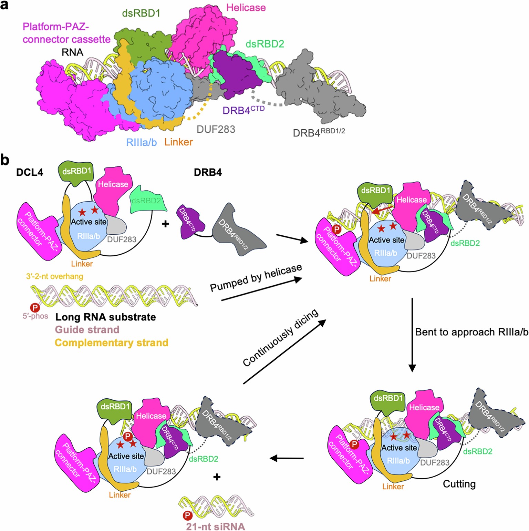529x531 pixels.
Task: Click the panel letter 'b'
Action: click(5, 160)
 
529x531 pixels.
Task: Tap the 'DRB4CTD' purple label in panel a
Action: click(243, 110)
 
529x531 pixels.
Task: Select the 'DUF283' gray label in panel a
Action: click(216, 129)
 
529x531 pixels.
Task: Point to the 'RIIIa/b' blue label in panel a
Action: click(141, 142)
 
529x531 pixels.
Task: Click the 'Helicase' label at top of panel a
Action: click(246, 8)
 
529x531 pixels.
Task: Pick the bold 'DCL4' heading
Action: click(30, 172)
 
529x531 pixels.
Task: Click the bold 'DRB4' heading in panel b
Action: click(208, 172)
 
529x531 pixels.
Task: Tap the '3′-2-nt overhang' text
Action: click(54, 276)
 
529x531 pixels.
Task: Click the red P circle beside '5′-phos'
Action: click(35, 307)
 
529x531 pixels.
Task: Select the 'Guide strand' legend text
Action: click(87, 330)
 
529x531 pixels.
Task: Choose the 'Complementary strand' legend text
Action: click(112, 343)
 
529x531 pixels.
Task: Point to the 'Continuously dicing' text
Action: click(280, 338)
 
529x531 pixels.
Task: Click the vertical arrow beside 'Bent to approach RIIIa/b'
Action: click(412, 334)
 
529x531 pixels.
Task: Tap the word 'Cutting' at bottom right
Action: click(459, 484)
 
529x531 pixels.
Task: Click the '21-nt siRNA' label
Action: click(216, 527)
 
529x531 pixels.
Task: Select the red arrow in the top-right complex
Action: click(383, 210)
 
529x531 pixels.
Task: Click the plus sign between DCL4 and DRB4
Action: click(165, 224)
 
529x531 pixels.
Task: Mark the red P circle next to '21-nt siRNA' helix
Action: click(187, 515)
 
